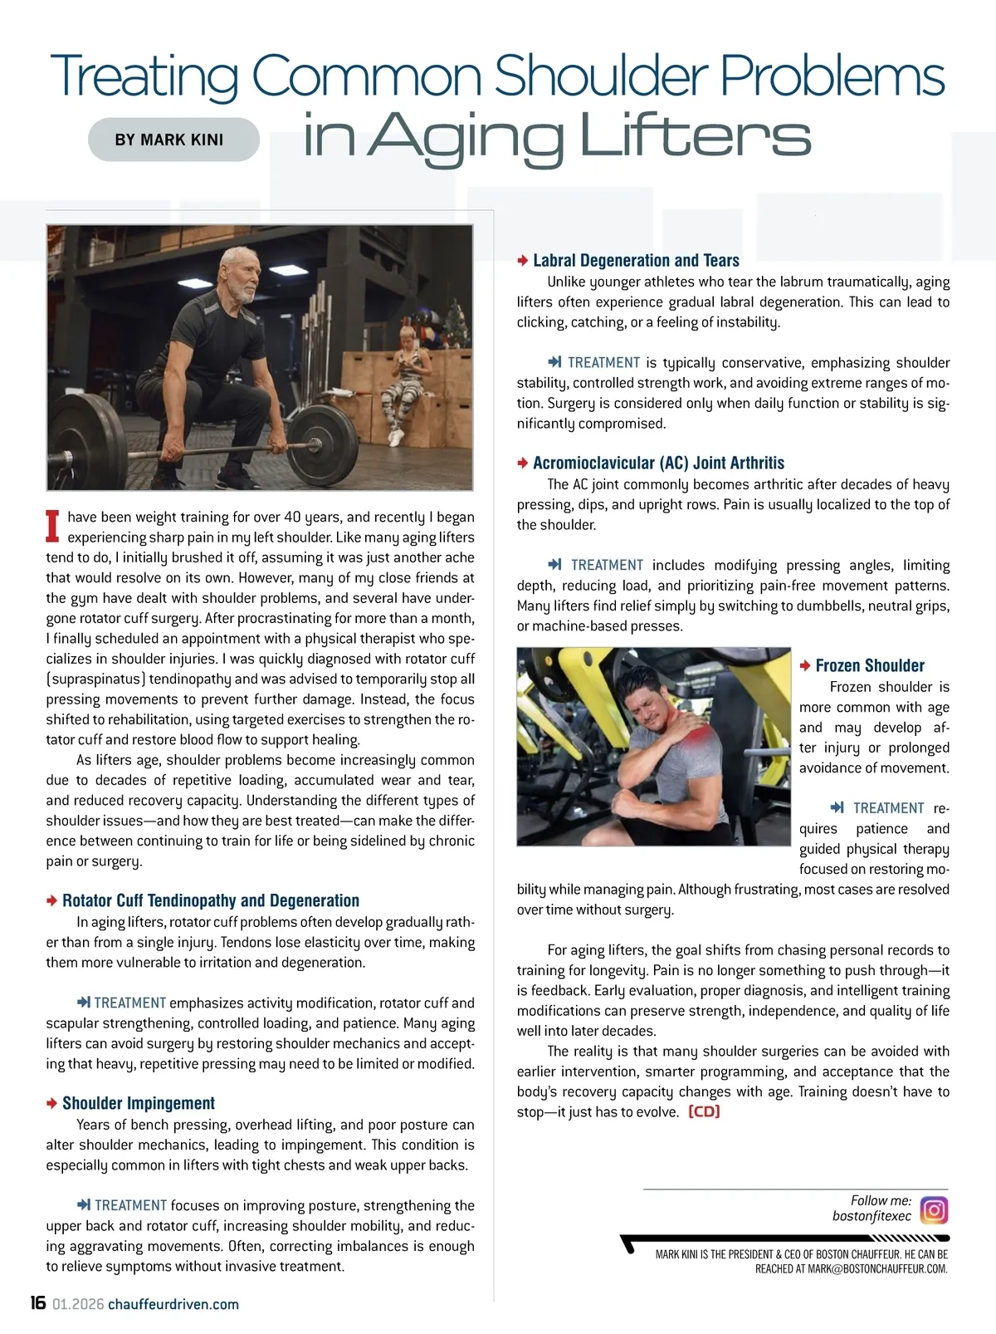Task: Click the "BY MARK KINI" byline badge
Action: (173, 140)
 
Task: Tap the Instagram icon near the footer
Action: (934, 1209)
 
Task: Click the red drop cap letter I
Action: (54, 526)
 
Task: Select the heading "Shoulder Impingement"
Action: (138, 1103)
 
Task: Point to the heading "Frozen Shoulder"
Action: (869, 665)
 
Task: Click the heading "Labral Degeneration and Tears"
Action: (636, 260)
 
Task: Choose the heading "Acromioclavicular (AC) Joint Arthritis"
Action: (658, 463)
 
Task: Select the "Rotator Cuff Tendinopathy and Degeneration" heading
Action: (210, 900)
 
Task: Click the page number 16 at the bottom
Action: (37, 1302)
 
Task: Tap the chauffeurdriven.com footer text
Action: (173, 1304)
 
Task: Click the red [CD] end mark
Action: (704, 1111)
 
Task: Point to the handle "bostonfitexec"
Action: (871, 1216)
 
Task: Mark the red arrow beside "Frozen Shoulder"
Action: (805, 665)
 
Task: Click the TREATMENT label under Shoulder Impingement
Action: (129, 1205)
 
